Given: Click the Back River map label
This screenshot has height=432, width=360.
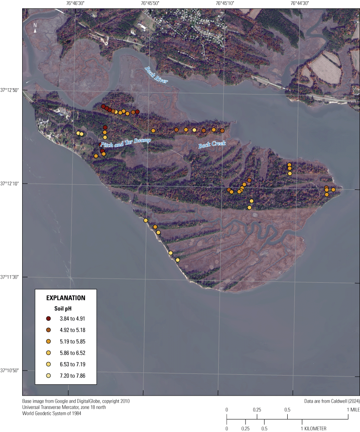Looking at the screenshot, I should (x=156, y=75).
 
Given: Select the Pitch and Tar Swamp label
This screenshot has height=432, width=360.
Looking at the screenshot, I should (x=125, y=143).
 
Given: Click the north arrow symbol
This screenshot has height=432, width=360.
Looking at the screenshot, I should (x=36, y=28).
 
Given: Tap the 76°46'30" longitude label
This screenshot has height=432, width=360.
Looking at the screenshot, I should (x=75, y=3).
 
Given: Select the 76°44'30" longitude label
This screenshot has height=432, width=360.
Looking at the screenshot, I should (x=299, y=3).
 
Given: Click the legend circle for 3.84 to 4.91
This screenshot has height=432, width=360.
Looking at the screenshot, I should (x=49, y=319).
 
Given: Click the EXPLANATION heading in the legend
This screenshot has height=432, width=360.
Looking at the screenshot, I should (x=66, y=298).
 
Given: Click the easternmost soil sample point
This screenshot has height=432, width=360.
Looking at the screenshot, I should (x=333, y=189).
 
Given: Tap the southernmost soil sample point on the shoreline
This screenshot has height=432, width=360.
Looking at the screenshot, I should (x=178, y=260).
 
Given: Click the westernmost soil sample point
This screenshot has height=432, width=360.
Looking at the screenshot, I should (x=78, y=133).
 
